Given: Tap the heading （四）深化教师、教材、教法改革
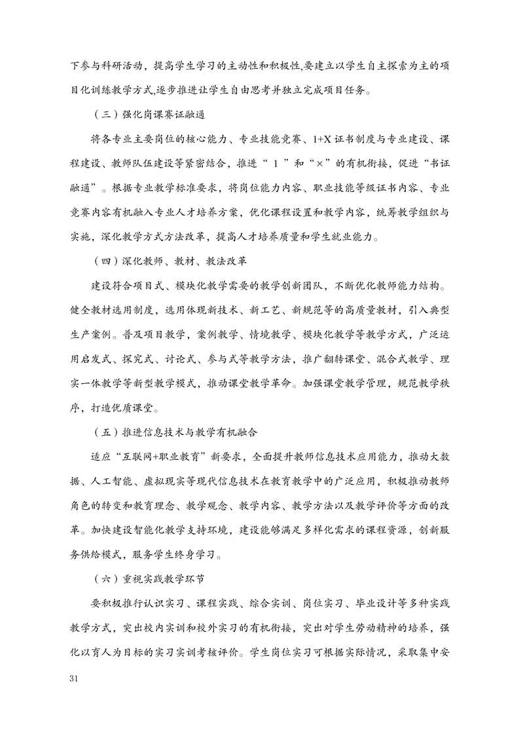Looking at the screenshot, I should pos(170,261).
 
